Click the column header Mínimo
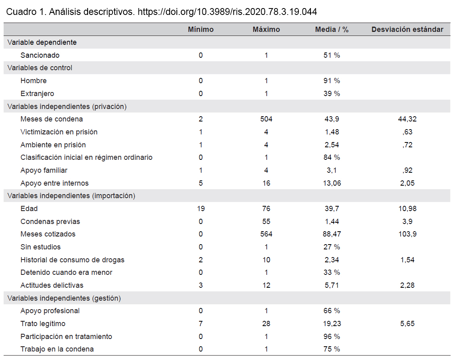pyautogui.click(x=201, y=29)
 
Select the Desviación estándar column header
pyautogui.click(x=407, y=29)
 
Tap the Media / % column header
pyautogui.click(x=331, y=29)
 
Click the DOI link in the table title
pyautogui.click(x=227, y=12)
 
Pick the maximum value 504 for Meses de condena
pyautogui.click(x=266, y=119)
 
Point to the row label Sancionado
pyautogui.click(x=40, y=55)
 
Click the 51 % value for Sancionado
pyautogui.click(x=331, y=55)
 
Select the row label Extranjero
pyautogui.click(x=37, y=94)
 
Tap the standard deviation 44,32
pyautogui.click(x=407, y=119)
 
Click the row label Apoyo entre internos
pyautogui.click(x=55, y=183)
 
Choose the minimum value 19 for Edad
pyautogui.click(x=201, y=208)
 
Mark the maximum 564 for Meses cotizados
pyautogui.click(x=266, y=234)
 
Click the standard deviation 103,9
pyautogui.click(x=407, y=234)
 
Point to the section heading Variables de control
pyautogui.click(x=40, y=68)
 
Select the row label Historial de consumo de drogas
pyautogui.click(x=73, y=260)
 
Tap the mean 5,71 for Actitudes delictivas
pyautogui.click(x=331, y=285)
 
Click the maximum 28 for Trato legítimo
pyautogui.click(x=266, y=324)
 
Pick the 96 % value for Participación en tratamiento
pyautogui.click(x=331, y=336)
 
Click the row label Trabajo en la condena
pyautogui.click(x=57, y=349)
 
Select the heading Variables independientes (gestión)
pyautogui.click(x=64, y=298)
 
